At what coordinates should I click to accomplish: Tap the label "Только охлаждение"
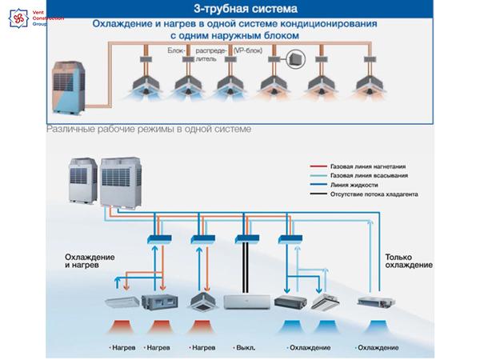tap(408, 261)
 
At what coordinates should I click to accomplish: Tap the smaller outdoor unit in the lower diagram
tap(82, 182)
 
